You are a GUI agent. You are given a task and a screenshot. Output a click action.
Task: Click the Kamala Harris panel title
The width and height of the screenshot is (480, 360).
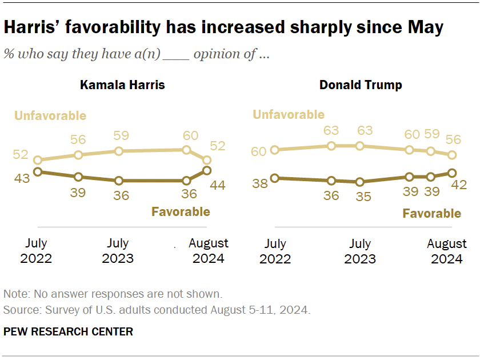pos(122,85)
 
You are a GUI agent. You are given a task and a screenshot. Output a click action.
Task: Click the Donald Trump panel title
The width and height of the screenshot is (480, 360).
pos(361,85)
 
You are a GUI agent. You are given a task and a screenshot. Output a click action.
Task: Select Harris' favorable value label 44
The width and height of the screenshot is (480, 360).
pos(218,186)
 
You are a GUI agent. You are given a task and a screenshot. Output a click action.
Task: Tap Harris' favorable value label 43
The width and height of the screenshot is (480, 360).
pos(22,178)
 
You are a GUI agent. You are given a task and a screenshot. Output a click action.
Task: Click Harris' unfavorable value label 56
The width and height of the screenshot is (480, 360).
pos(78,140)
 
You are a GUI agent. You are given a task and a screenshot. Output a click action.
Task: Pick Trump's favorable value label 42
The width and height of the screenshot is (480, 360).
pos(459,185)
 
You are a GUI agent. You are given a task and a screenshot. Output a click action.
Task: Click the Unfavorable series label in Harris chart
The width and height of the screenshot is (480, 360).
pos(50,116)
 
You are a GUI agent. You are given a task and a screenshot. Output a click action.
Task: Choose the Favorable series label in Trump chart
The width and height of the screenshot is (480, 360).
pos(431,214)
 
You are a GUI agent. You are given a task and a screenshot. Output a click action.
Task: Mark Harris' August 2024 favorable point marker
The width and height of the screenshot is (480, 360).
pos(207,170)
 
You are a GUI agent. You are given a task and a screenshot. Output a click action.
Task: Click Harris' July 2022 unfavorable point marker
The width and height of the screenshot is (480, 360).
pos(38,161)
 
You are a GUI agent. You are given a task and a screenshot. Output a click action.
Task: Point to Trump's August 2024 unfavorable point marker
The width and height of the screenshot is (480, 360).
pos(452,155)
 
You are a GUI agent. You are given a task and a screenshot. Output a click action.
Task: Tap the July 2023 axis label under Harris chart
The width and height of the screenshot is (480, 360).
pos(118,251)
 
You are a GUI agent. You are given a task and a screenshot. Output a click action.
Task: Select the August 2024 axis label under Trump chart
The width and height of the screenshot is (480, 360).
pos(447,251)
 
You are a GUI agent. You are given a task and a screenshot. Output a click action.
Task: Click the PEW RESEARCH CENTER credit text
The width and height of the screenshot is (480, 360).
pos(68,331)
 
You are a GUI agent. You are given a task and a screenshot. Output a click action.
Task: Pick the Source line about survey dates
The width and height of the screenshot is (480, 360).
pos(157,310)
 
